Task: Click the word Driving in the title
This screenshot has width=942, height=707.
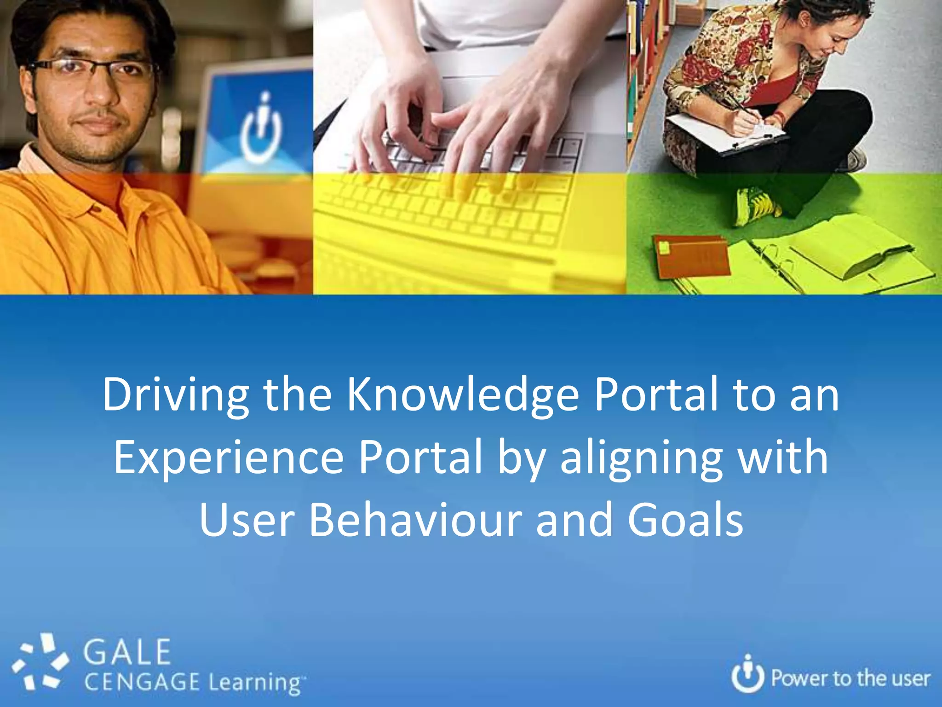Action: (x=175, y=395)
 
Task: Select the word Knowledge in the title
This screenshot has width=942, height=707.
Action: (x=462, y=395)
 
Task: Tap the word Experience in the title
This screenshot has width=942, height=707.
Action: (x=229, y=458)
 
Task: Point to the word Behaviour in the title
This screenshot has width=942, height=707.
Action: (x=415, y=520)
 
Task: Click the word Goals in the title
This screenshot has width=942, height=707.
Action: (x=685, y=520)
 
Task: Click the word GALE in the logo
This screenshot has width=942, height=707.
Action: (x=127, y=652)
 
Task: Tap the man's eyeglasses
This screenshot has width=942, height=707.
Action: (x=92, y=69)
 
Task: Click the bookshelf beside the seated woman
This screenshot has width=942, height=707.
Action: (x=649, y=69)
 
